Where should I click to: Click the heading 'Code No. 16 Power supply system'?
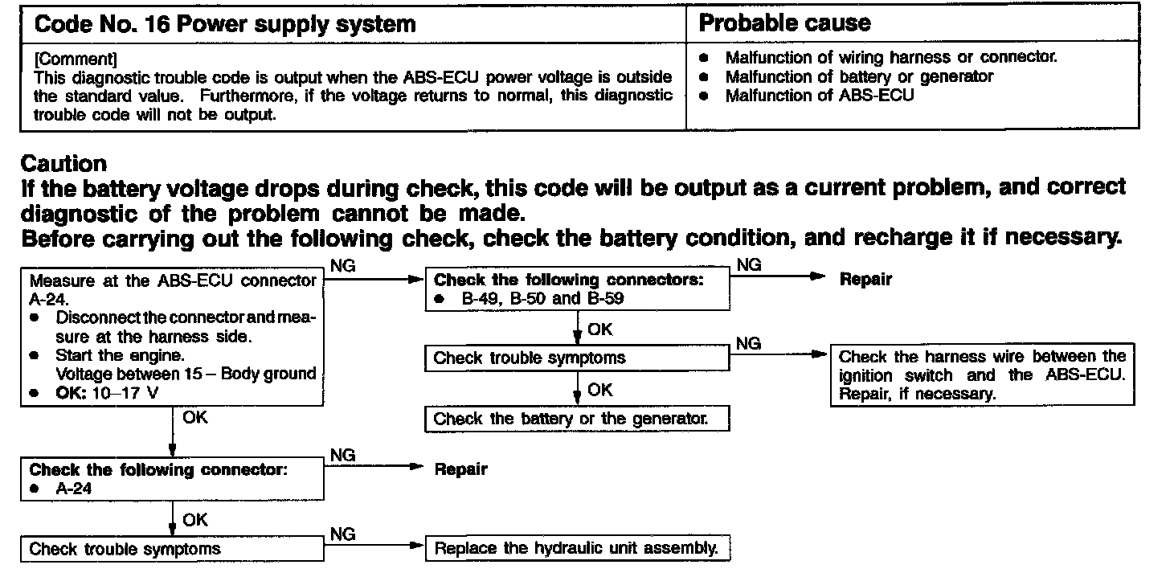[x=226, y=23]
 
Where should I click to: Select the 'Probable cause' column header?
[x=784, y=23]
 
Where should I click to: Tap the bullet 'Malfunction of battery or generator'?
[x=859, y=76]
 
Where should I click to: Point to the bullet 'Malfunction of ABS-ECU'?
[x=820, y=96]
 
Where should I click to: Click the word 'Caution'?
[x=63, y=164]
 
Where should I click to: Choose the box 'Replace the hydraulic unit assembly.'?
[x=575, y=550]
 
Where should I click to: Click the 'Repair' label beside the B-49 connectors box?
[x=865, y=280]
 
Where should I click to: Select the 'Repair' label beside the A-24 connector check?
[x=460, y=469]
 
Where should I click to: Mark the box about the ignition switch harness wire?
[x=982, y=375]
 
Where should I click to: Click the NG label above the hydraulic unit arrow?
[x=343, y=534]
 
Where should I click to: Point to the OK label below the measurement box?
[x=195, y=418]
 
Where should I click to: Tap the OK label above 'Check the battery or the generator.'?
[x=599, y=391]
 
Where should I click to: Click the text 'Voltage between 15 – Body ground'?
[x=186, y=374]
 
